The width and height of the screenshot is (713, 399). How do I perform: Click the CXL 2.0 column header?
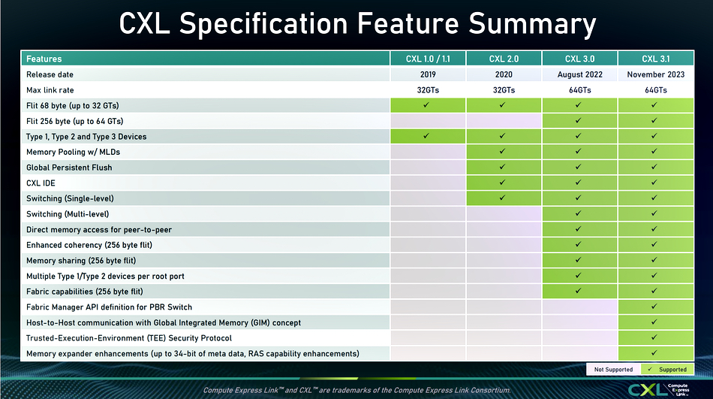(x=504, y=59)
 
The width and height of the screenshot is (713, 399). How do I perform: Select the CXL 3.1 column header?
(x=656, y=59)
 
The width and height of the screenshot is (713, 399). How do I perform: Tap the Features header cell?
(x=206, y=59)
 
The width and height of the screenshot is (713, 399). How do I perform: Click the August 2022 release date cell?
(x=579, y=74)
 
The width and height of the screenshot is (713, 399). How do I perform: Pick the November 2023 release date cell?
(x=656, y=74)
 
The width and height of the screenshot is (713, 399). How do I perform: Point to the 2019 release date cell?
(x=428, y=74)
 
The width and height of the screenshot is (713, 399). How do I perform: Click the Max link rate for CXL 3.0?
(x=579, y=90)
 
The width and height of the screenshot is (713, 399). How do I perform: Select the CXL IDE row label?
(x=41, y=183)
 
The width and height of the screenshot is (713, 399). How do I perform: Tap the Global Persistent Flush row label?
(x=69, y=168)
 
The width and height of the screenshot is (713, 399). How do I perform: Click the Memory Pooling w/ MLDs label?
(x=74, y=152)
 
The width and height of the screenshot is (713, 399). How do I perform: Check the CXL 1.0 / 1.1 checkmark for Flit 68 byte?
(x=426, y=104)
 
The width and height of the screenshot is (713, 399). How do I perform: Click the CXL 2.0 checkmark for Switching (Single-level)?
(x=502, y=198)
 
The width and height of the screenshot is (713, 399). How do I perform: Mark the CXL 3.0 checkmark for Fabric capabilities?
(x=578, y=291)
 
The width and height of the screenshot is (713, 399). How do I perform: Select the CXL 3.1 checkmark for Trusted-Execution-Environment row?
(x=654, y=337)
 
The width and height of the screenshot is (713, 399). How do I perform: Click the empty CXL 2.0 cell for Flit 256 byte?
(x=504, y=121)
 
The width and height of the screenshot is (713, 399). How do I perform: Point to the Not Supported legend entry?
(x=613, y=370)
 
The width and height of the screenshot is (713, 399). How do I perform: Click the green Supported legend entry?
(x=667, y=370)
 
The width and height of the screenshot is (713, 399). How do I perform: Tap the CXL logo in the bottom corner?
(x=659, y=390)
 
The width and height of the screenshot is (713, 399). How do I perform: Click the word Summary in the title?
(x=532, y=24)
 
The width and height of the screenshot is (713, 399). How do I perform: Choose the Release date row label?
(x=50, y=74)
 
